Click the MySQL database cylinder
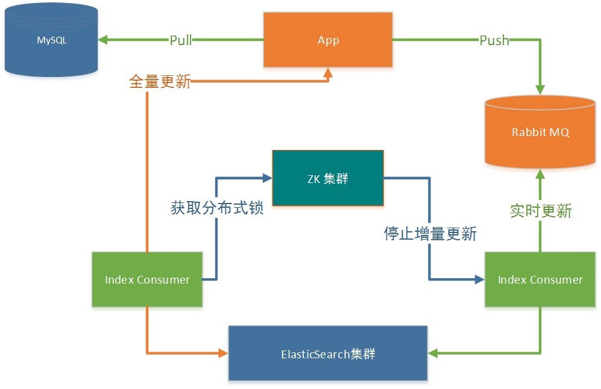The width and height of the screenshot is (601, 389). tap(51, 40)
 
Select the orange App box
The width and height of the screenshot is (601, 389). tap(328, 40)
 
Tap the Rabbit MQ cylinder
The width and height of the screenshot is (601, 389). tap(540, 132)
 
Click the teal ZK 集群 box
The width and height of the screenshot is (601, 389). tap(328, 178)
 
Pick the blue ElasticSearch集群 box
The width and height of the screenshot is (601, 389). tap(328, 353)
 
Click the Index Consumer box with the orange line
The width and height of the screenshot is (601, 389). tap(147, 279)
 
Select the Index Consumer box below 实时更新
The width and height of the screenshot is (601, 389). tap(540, 279)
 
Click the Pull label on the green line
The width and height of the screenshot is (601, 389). tap(180, 40)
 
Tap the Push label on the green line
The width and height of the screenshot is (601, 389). tap(494, 40)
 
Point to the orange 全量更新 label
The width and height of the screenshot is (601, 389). tap(160, 81)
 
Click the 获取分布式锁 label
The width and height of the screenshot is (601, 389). tap(217, 208)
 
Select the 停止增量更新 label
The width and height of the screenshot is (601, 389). tap(430, 234)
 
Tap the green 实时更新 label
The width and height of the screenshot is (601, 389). tap(541, 211)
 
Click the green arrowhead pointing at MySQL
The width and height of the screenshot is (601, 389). tap(102, 40)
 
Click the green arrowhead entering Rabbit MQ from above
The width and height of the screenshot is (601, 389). tap(540, 90)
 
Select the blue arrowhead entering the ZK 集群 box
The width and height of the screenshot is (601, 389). tap(267, 178)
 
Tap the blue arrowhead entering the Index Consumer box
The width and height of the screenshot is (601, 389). tap(480, 279)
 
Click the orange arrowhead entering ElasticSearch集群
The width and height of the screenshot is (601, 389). tap(224, 353)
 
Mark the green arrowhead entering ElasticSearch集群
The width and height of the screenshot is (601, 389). tap(433, 353)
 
